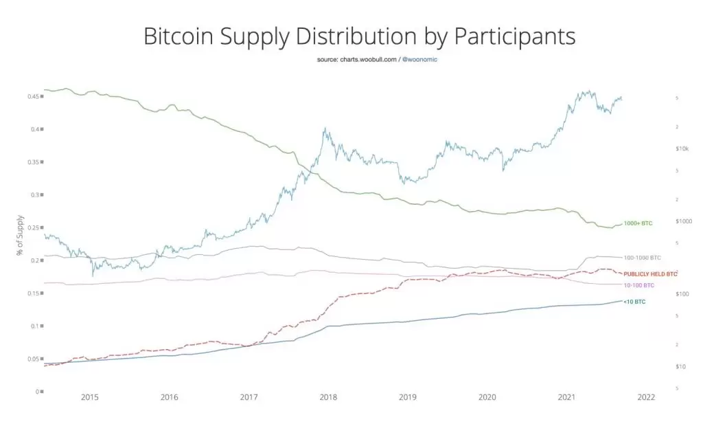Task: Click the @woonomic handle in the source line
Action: pos(419,60)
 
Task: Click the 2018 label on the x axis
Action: pos(328,397)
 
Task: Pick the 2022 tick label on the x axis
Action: pos(646,397)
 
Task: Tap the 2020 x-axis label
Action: pos(487,397)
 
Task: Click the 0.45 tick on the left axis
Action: pos(32,96)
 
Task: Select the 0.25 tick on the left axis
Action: pos(32,227)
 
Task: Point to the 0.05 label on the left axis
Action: pos(32,359)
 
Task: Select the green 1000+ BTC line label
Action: pos(638,223)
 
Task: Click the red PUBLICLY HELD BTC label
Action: pos(650,273)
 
